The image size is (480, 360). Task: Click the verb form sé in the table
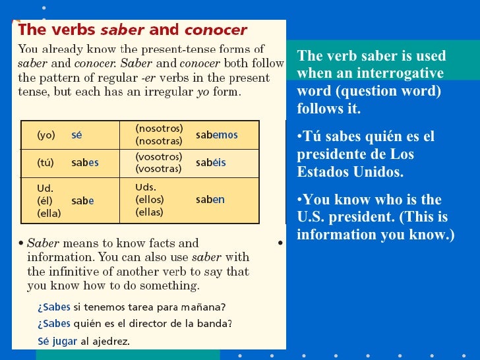(76, 134)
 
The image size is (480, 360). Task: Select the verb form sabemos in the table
(216, 135)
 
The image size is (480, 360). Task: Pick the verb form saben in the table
(210, 199)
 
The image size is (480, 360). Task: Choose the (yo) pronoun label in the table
(46, 135)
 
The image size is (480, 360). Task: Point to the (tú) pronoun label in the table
(45, 163)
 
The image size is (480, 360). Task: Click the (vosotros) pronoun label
(158, 156)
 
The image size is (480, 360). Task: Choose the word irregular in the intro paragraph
(168, 92)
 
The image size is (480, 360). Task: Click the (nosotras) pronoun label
(159, 140)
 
